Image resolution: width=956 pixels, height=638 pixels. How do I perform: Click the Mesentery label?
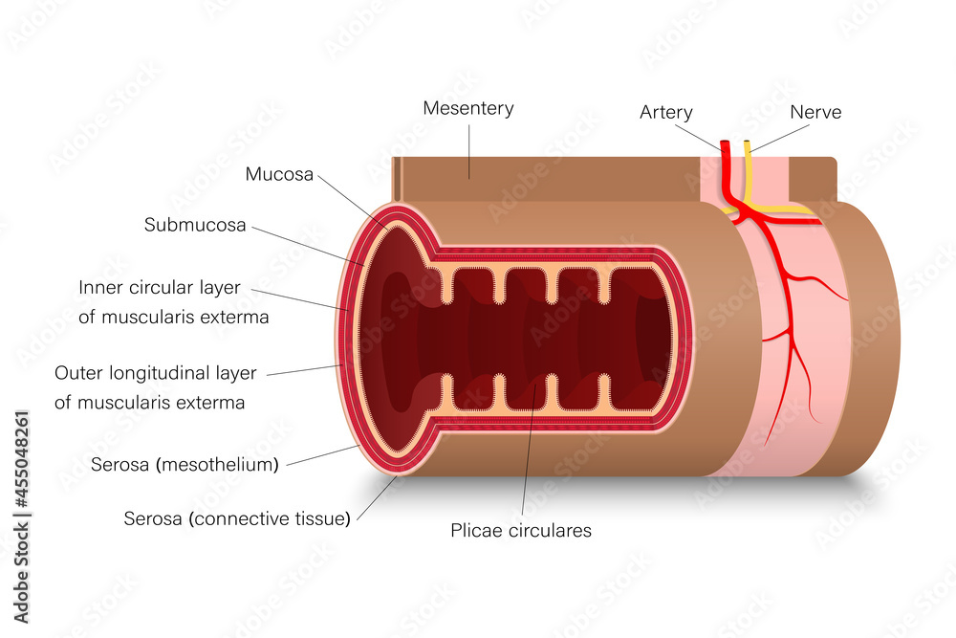click(468, 108)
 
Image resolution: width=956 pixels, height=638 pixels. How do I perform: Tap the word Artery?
click(666, 113)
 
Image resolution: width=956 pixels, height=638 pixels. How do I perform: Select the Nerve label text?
click(815, 113)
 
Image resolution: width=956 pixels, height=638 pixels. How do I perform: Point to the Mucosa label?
click(279, 174)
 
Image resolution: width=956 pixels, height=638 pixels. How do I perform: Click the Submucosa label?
click(195, 226)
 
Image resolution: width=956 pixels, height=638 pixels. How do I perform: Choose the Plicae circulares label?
click(521, 530)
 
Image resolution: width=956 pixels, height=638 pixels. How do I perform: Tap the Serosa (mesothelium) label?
click(185, 465)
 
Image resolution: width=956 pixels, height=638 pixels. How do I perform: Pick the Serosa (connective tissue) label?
click(237, 518)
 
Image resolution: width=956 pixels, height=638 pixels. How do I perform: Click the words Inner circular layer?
click(160, 287)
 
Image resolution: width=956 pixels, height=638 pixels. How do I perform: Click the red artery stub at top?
click(726, 153)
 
